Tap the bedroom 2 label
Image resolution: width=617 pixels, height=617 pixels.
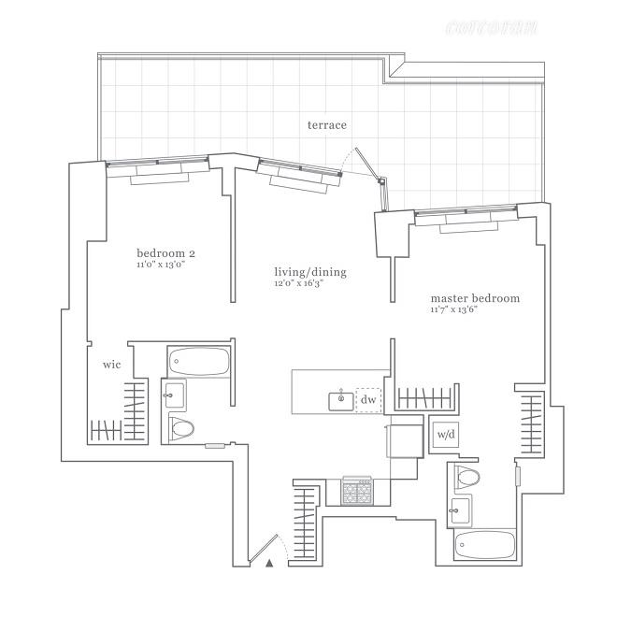click(x=165, y=253)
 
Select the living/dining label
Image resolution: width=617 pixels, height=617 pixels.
click(x=309, y=272)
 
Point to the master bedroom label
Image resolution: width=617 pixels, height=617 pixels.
click(x=474, y=298)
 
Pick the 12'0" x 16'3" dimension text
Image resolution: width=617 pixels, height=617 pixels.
click(x=298, y=283)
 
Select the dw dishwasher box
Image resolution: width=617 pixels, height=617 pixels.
click(x=368, y=399)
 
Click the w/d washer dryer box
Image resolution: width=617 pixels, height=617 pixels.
click(x=445, y=435)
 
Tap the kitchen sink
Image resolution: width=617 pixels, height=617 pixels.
click(x=341, y=400)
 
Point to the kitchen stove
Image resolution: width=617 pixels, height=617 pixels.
click(x=357, y=492)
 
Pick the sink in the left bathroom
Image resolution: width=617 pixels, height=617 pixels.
click(x=174, y=395)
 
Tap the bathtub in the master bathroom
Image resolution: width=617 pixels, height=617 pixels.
click(x=482, y=545)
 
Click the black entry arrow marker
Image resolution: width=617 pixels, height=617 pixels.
click(x=269, y=563)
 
